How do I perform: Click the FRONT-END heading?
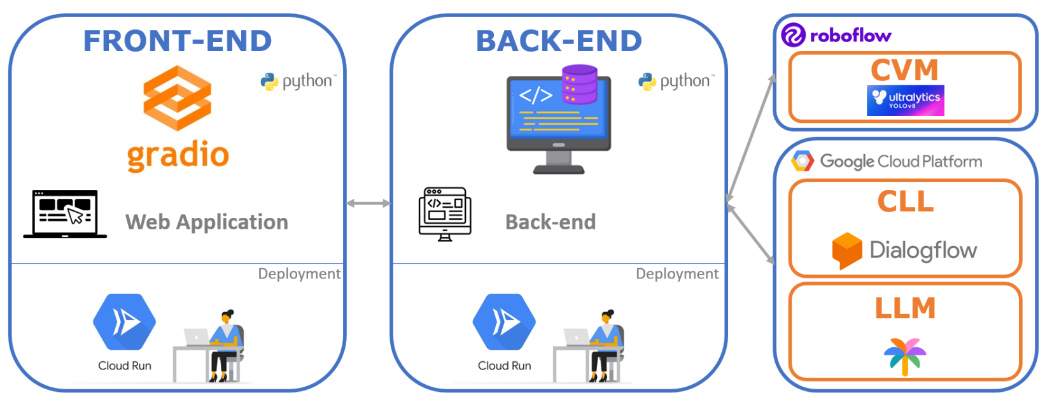178,41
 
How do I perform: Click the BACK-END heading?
559,41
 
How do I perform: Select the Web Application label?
207,222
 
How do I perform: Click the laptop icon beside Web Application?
66,213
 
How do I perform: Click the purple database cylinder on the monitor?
580,84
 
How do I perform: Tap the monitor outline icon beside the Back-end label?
445,213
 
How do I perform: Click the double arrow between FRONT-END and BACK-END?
368,203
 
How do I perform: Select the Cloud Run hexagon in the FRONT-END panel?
125,322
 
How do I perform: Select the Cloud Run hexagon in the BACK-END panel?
504,322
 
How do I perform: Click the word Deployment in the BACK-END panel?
677,274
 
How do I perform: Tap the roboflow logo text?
850,36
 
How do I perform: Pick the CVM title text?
904,70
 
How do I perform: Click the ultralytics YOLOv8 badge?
905,101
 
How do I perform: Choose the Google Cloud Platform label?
900,161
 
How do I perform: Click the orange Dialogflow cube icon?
847,250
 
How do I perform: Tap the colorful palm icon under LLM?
905,355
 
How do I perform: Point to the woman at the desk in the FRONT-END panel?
223,344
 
